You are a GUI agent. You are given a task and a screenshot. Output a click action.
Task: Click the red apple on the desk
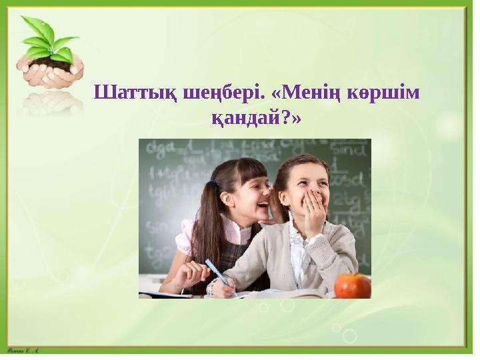click(x=352, y=285)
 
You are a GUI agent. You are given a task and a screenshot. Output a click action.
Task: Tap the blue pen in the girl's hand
click(x=217, y=273)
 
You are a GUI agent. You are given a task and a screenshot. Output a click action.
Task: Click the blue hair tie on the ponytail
click(x=213, y=181)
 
